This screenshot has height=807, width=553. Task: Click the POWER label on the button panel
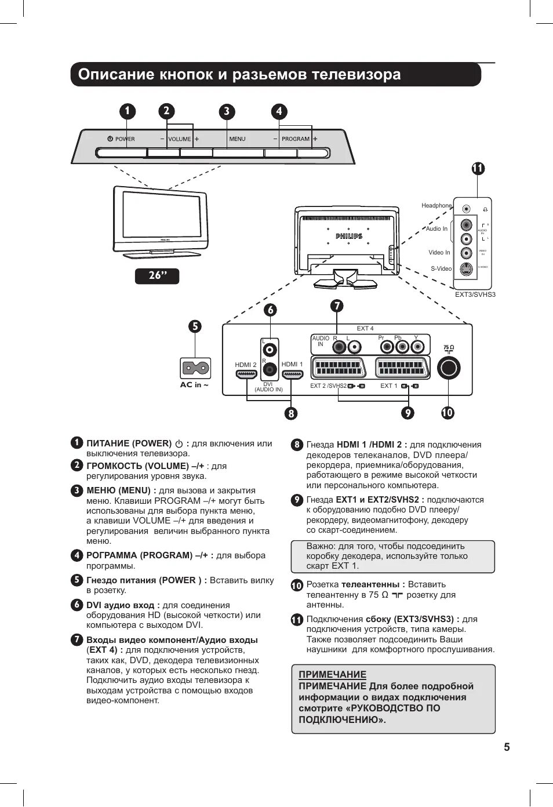point(125,139)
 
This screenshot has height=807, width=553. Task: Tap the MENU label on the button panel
point(237,139)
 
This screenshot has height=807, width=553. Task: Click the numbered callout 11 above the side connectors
point(477,169)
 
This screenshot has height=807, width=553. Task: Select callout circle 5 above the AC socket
point(195,326)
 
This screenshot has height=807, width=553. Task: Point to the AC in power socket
point(195,368)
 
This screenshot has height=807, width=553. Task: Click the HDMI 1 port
point(292,375)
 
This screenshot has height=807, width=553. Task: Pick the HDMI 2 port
point(246,375)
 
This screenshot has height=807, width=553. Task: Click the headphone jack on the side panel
point(467,209)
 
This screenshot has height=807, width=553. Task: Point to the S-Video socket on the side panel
point(466,268)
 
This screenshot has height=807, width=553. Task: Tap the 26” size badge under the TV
point(157,276)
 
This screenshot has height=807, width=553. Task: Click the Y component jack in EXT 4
point(417,347)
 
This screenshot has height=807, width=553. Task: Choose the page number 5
point(507,747)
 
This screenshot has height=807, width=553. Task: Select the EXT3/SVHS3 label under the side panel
point(475,295)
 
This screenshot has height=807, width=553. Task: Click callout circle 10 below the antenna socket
point(448,413)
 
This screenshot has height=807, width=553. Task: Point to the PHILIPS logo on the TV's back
point(349,236)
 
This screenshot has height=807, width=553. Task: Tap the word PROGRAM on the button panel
point(296,139)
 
